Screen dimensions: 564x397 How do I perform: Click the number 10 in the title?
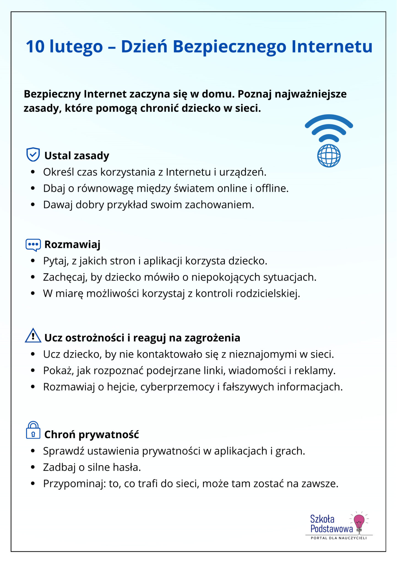click(35, 47)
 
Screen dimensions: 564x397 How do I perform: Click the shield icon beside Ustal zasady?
click(33, 154)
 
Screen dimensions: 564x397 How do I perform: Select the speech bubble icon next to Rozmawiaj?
click(33, 245)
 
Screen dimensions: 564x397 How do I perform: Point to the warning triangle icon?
click(33, 336)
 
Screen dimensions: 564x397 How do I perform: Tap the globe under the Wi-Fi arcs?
click(329, 156)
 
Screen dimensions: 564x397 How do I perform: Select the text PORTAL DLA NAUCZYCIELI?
click(339, 538)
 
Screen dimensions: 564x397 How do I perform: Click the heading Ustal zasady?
click(77, 156)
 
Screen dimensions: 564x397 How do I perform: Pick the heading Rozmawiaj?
click(72, 245)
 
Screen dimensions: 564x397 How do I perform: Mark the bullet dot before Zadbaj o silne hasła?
click(33, 467)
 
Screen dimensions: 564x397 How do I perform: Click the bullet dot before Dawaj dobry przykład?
click(33, 205)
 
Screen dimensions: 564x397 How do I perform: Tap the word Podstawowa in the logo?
click(331, 529)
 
